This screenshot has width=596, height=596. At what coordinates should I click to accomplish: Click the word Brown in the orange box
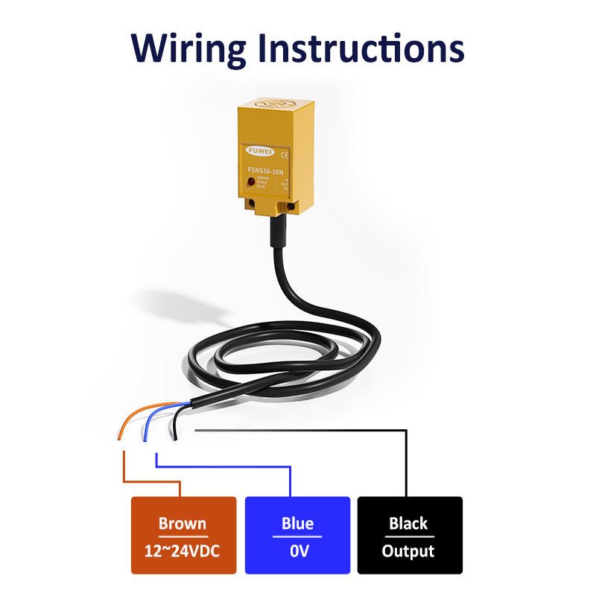pos(183,523)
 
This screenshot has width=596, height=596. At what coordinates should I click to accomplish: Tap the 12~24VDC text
pos(183,551)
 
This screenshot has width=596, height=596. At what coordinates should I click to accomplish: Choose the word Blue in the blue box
pos(297,523)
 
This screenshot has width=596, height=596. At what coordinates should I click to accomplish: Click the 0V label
pos(297,551)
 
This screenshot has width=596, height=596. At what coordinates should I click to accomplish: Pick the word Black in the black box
pos(408,523)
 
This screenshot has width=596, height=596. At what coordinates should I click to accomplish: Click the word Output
pos(408,551)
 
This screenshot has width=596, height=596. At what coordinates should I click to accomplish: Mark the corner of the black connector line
pos(408,431)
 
